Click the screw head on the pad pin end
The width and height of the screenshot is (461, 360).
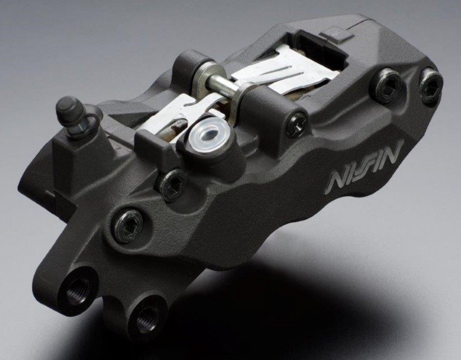[296, 125]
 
